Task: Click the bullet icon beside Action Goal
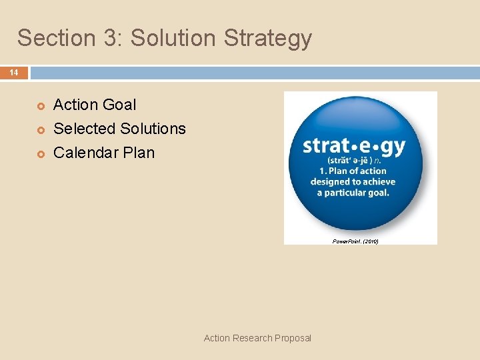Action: coord(39,105)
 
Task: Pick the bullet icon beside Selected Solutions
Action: coord(39,129)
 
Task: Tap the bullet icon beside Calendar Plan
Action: coord(39,153)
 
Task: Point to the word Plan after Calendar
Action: coord(139,153)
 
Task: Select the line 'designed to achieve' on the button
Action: coord(353,181)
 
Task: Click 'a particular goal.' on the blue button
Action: coord(353,192)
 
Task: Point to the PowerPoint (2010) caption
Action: coord(355,241)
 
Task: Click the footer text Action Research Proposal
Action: coord(257,338)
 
